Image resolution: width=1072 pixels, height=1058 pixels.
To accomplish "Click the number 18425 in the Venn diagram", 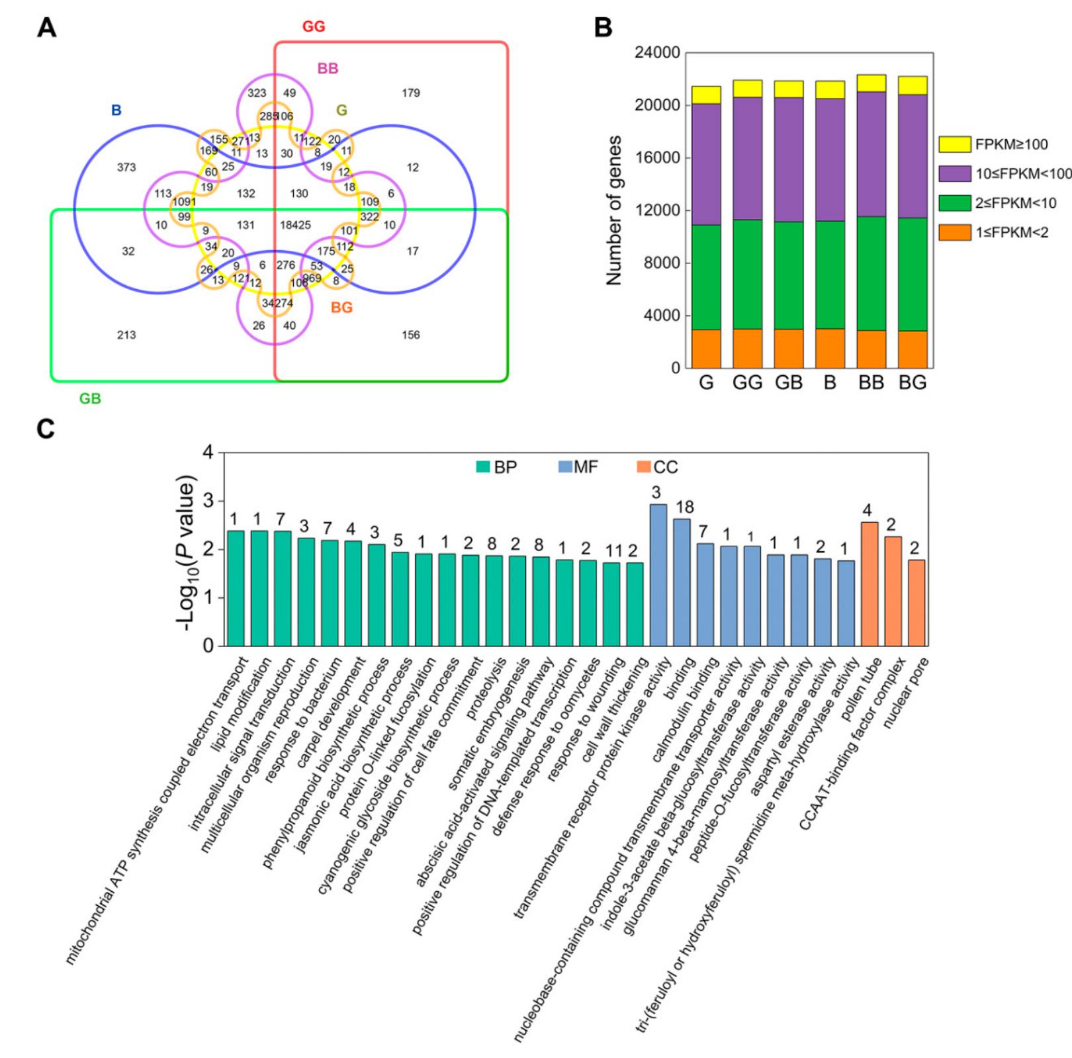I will tap(295, 225).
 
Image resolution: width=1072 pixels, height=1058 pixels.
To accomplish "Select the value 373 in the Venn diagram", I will tap(126, 167).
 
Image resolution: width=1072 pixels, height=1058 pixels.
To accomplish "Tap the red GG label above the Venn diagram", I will tap(314, 26).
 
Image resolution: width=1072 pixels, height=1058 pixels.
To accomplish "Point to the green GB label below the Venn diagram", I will tap(90, 398).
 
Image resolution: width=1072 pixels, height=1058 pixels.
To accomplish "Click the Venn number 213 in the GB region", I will tap(126, 335).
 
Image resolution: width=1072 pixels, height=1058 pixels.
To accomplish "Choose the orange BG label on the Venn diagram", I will tap(341, 308).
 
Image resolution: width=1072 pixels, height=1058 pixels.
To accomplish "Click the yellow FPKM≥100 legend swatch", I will tap(954, 144).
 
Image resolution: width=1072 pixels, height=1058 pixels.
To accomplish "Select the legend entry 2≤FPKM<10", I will tap(1015, 203).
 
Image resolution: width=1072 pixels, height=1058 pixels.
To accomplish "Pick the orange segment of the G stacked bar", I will tap(705, 349).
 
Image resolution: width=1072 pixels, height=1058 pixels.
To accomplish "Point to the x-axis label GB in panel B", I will tap(788, 383).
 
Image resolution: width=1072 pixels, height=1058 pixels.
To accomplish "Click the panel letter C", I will tap(46, 429).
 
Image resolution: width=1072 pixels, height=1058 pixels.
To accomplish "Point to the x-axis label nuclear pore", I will tap(907, 693).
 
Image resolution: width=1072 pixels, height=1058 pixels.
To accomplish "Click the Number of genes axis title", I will tap(615, 210).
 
